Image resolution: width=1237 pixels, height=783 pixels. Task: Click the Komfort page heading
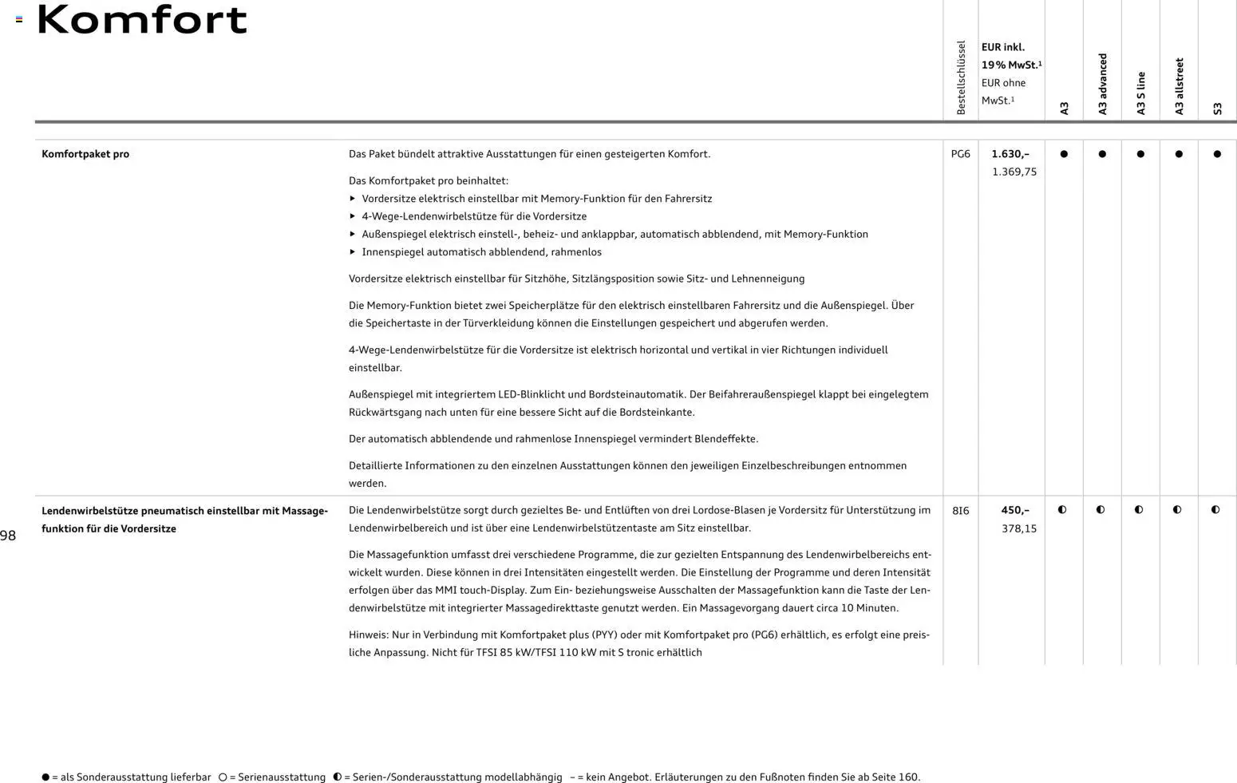142,20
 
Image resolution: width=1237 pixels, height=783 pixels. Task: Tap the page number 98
8,536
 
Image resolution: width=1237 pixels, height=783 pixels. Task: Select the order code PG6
960,154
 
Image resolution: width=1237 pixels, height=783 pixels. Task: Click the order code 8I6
960,511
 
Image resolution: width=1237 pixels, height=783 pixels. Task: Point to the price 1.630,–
1010,154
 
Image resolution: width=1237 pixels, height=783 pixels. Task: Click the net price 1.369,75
1014,172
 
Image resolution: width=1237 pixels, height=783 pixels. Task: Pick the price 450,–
1015,510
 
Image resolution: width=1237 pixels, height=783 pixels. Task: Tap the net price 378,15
1019,528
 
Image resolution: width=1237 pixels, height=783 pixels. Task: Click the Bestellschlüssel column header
961,77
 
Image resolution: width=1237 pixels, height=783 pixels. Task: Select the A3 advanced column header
1103,84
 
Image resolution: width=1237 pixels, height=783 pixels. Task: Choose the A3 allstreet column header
1180,86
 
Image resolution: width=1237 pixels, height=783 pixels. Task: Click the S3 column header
1218,109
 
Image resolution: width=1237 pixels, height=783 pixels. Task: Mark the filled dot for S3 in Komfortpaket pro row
1217,154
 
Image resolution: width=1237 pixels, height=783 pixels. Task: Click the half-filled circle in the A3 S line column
1139,510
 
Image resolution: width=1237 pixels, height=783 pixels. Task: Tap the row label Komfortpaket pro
85,154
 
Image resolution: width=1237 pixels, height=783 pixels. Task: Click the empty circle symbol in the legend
223,777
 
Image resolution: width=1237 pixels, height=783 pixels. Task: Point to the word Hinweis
368,635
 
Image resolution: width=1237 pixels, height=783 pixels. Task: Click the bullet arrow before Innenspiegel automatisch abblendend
353,252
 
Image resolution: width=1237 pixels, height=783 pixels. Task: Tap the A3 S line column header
1141,93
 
